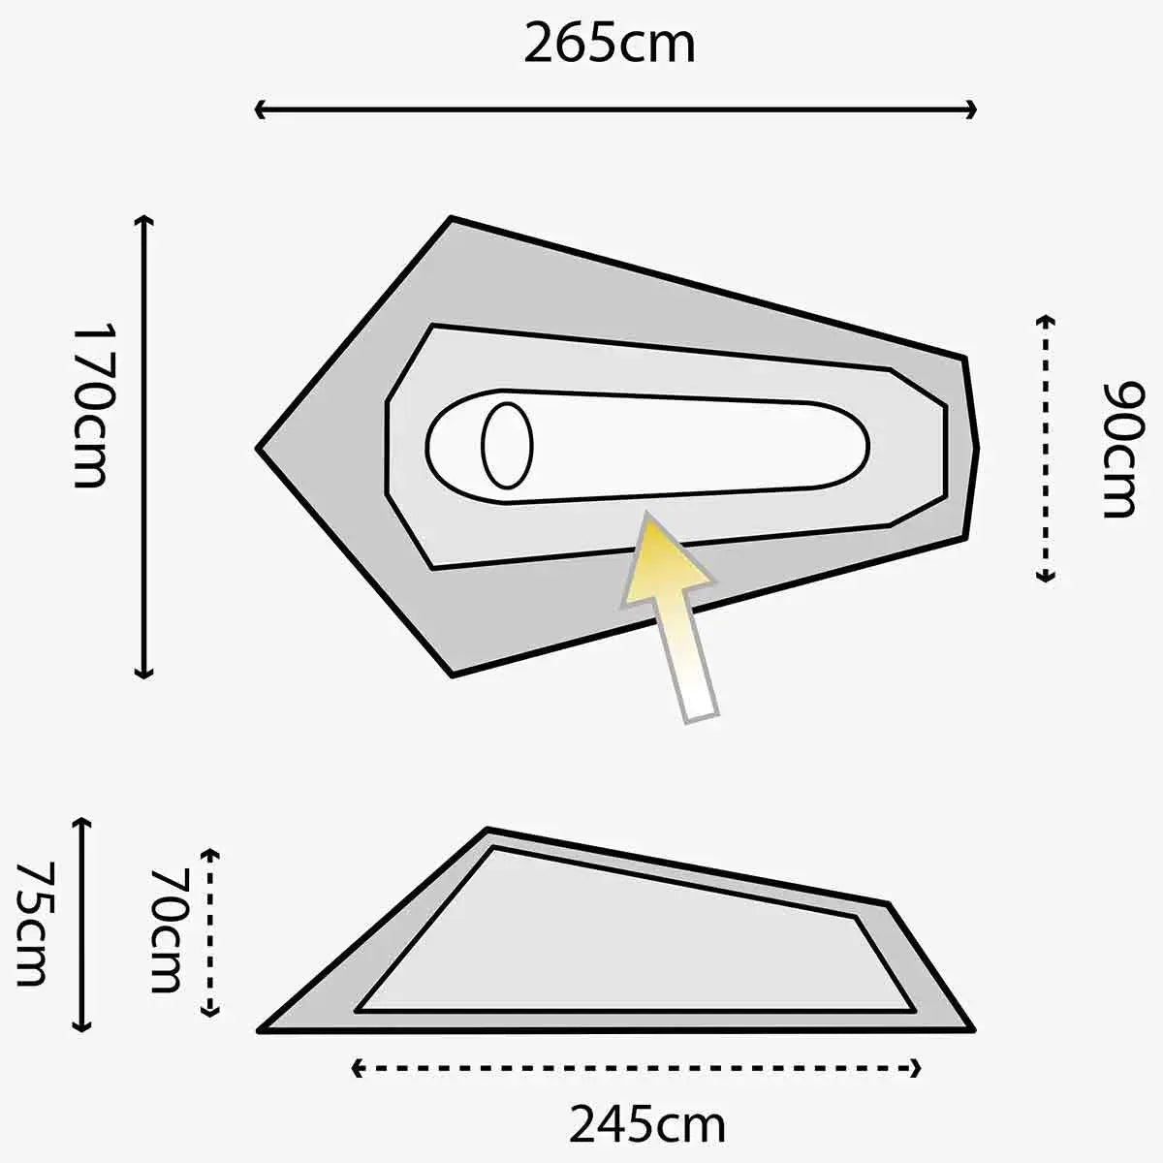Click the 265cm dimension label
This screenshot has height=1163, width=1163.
610,44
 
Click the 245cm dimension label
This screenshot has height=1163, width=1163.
646,1124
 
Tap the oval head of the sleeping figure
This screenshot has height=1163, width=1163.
507,446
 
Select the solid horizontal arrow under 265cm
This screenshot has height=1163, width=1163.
614,110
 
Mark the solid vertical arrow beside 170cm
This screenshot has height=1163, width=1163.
144,446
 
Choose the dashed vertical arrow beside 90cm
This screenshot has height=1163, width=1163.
1045,448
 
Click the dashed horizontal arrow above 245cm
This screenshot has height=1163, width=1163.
636,1069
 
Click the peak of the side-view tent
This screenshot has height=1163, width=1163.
487,832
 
